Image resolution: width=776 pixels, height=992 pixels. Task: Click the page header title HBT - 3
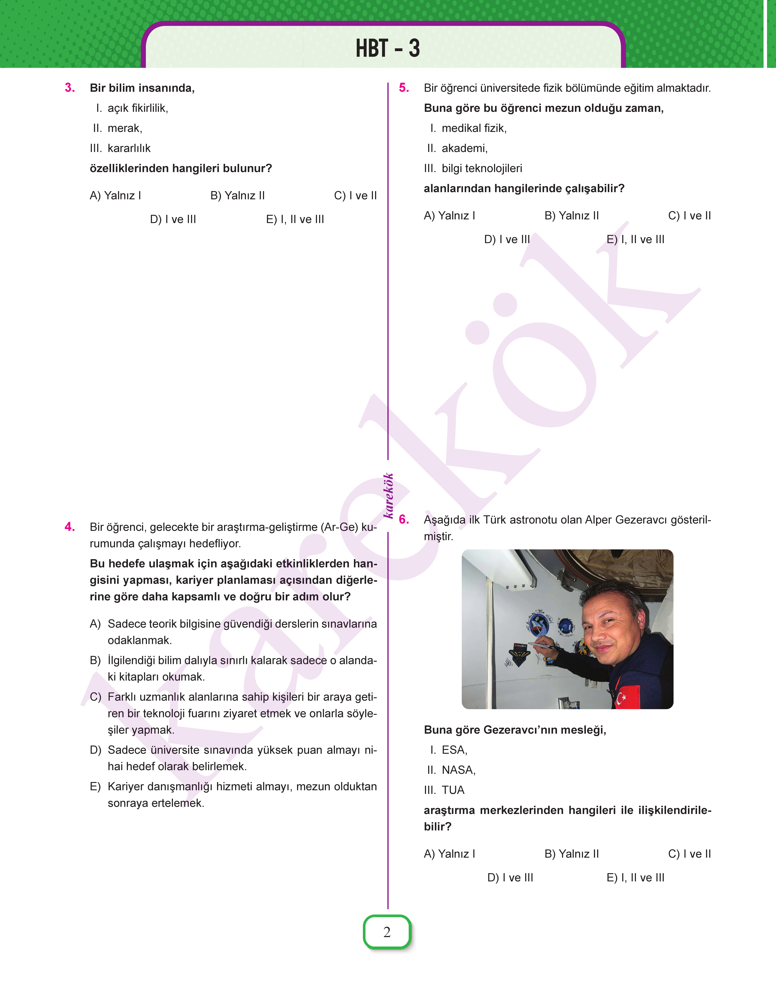388,48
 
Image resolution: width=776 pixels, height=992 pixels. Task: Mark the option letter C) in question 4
95,697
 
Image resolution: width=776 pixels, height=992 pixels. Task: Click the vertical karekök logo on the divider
388,495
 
